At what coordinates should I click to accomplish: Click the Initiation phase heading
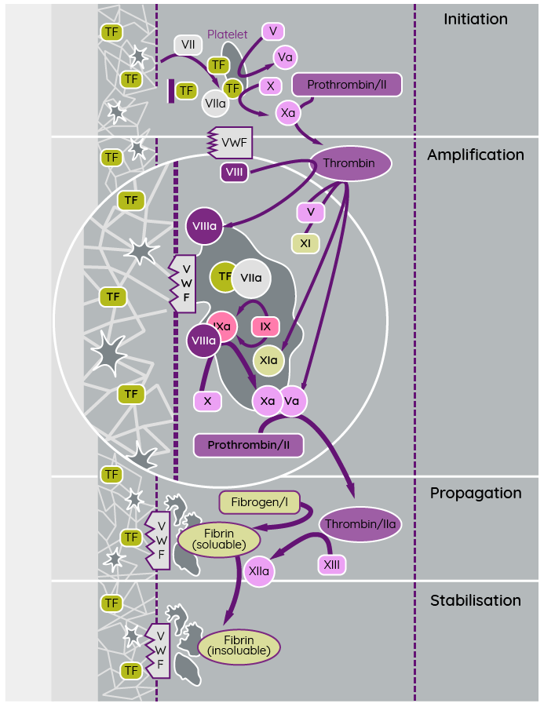pos(475,20)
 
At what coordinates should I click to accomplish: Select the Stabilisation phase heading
pos(475,601)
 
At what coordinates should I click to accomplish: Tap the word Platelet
pos(228,35)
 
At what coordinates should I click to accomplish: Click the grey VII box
pos(188,45)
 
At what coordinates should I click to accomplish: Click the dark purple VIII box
pos(233,172)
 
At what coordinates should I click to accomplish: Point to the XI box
pos(305,243)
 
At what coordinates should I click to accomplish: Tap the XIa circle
pos(268,360)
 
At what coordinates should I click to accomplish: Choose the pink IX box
pos(265,326)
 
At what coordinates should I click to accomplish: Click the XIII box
pos(331,564)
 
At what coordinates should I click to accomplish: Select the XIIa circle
pos(259,571)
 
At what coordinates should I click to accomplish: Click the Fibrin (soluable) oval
pos(219,539)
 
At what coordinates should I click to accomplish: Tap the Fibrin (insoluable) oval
pos(239,646)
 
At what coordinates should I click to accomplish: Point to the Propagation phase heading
pos(475,494)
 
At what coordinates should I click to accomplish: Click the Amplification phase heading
pos(475,155)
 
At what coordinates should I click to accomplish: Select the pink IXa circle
pos(223,326)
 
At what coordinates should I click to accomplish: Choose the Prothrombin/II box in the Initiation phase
pos(346,85)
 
